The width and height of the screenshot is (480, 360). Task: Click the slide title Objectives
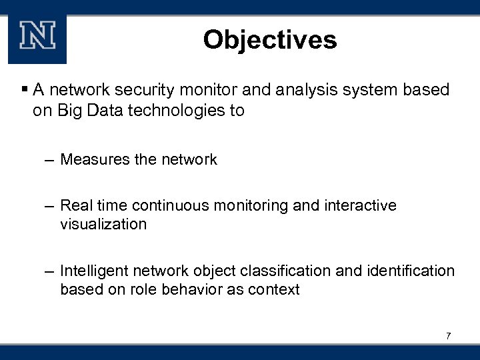(x=270, y=39)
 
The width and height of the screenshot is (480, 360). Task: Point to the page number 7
(x=449, y=335)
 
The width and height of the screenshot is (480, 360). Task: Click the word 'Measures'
(x=93, y=159)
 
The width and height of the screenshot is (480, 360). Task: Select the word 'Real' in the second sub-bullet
(x=75, y=205)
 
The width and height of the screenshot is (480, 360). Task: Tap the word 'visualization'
(x=103, y=224)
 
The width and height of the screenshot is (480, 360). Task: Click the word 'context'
(x=275, y=289)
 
